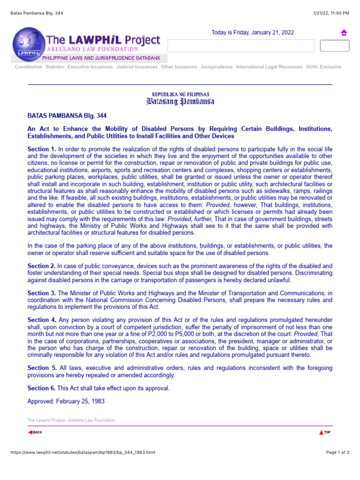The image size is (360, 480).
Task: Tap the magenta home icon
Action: click(x=344, y=33)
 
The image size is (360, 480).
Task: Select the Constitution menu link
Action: click(x=28, y=67)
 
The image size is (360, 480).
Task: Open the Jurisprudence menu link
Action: click(x=216, y=67)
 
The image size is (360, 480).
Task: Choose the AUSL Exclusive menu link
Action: click(x=323, y=67)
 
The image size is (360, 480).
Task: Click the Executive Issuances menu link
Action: click(x=90, y=67)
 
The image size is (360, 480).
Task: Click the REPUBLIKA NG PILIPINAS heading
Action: click(x=180, y=94)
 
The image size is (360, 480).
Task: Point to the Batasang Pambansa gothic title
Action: click(x=180, y=102)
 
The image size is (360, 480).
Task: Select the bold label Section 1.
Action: click(x=42, y=149)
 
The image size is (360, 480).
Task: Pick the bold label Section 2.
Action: click(x=42, y=266)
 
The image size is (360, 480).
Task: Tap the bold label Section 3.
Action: click(x=42, y=293)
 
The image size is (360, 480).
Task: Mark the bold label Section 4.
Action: click(x=42, y=320)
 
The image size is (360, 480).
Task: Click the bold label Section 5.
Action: click(x=42, y=368)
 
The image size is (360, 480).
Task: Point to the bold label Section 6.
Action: click(x=42, y=388)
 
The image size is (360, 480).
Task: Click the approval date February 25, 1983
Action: click(x=66, y=401)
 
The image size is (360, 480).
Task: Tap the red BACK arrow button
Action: click(x=35, y=432)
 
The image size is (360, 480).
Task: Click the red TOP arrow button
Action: click(x=325, y=432)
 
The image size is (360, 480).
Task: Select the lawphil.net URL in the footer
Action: click(x=79, y=452)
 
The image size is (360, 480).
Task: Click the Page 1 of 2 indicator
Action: click(x=337, y=452)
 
